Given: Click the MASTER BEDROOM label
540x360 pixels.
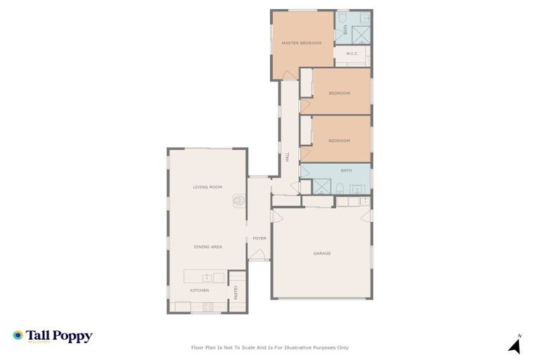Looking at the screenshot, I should [x=302, y=43].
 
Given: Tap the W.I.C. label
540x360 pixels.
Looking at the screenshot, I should [x=353, y=54].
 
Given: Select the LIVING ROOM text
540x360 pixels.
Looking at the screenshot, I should [x=207, y=187].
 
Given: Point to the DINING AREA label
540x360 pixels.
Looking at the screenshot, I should [x=207, y=247].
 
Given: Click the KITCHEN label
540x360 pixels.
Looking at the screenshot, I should [x=199, y=290].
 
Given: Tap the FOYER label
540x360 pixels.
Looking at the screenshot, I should [x=259, y=238].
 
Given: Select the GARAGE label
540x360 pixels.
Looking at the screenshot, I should [x=321, y=253].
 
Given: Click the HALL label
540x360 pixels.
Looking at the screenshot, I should [x=287, y=158].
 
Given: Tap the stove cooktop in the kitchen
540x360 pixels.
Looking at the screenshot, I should [x=208, y=307].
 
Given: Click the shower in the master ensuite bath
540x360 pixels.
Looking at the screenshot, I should [x=361, y=34].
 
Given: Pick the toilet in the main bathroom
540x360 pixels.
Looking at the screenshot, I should [x=340, y=188].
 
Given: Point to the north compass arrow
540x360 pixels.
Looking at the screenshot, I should [x=515, y=345].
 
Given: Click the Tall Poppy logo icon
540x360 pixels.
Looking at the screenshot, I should [x=18, y=335].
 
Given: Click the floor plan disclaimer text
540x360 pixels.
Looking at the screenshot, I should [x=269, y=347].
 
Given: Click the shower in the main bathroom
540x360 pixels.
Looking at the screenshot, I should [x=321, y=186].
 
